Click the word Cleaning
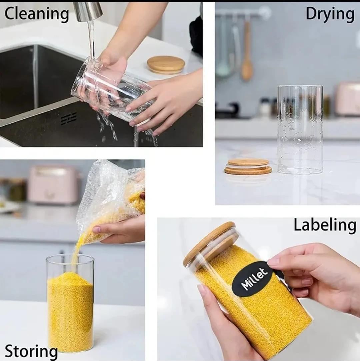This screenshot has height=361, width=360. pos(37,14)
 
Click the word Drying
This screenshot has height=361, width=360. pos(330,14)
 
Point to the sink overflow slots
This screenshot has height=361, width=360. pos(69,118)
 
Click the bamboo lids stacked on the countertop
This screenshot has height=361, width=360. pos(248,166)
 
